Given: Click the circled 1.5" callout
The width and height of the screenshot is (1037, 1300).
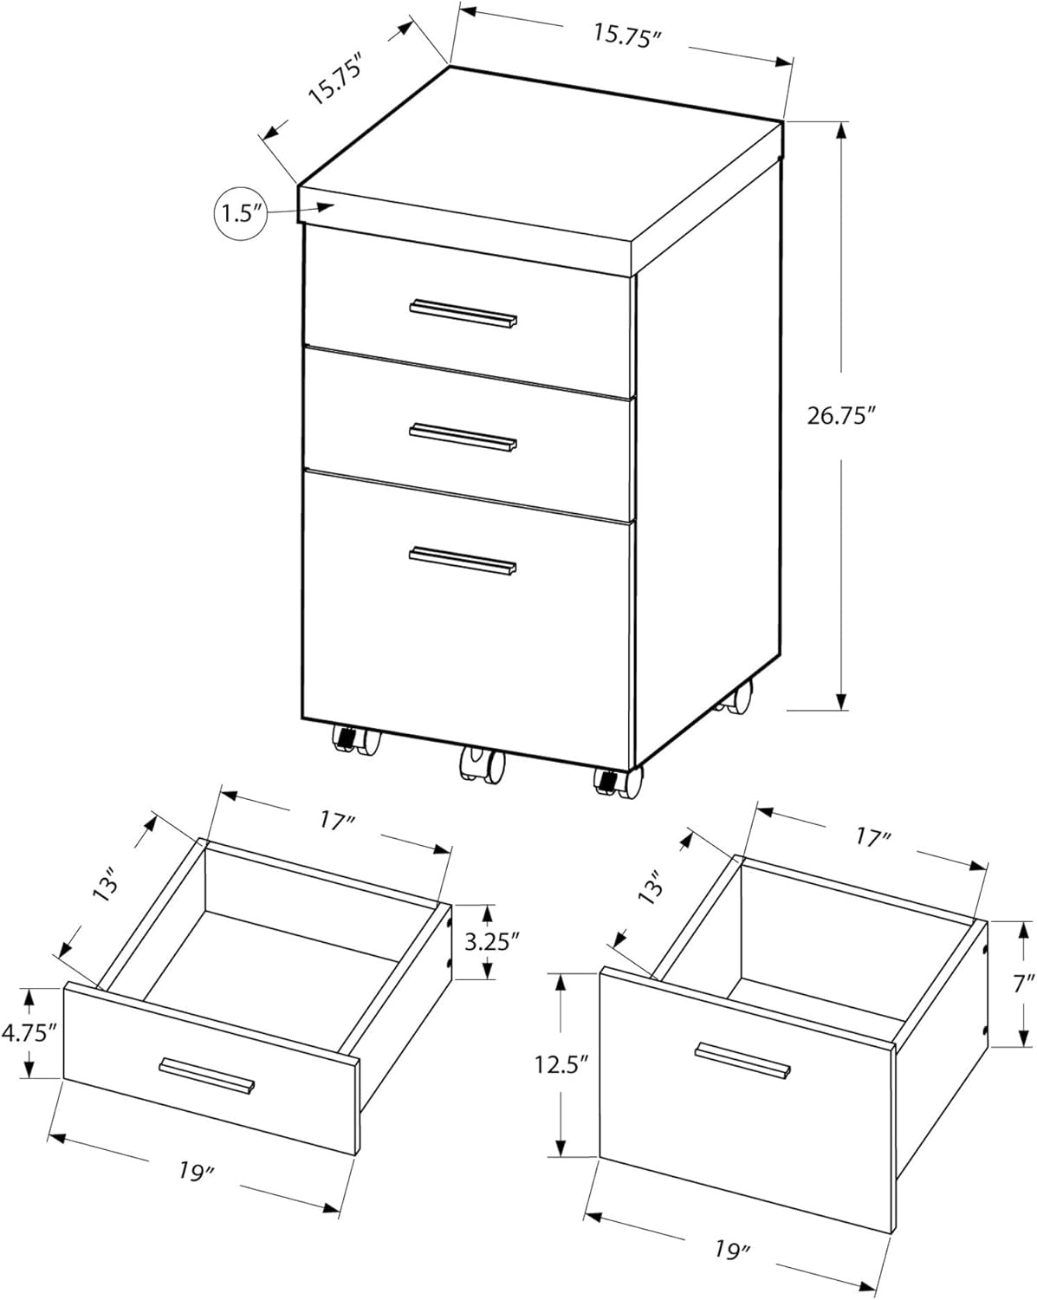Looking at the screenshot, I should point(239,212).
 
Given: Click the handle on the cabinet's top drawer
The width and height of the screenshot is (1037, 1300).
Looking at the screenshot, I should point(463,314).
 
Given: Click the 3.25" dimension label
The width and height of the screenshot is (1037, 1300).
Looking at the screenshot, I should point(491,941).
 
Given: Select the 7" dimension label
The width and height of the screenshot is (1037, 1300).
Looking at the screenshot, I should point(1025,983).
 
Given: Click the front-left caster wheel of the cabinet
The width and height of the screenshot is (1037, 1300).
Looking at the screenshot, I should point(355,741).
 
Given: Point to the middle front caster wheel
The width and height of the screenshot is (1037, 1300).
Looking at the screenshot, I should point(482,764).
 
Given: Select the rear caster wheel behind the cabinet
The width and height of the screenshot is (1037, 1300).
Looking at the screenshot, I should point(736,699).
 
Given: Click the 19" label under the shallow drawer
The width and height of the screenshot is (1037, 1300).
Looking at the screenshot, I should point(197,1173).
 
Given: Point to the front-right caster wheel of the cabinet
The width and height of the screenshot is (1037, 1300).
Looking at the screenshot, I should point(618,782).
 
